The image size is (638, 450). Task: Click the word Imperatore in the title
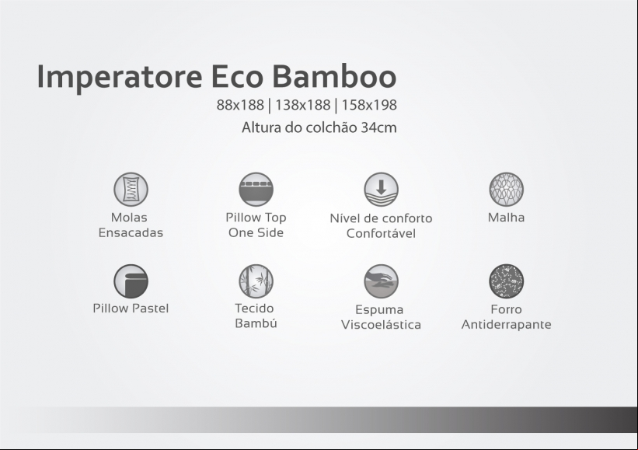point(119,77)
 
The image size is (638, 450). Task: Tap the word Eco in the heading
point(237,76)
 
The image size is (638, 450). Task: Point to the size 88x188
point(240,105)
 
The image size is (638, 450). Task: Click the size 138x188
point(303,105)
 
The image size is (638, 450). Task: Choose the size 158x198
point(369,105)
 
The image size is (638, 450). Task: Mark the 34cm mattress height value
point(378,127)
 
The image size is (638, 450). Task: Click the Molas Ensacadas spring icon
point(131,189)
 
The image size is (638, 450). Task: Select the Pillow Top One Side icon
point(256,189)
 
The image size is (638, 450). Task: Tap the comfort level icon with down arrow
point(382,189)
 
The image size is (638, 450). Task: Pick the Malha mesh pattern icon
point(506,189)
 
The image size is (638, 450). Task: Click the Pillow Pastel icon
point(131,281)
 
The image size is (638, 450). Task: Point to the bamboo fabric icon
point(256,281)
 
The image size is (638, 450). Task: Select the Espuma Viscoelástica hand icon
point(382,281)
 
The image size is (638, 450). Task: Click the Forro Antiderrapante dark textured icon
point(506,281)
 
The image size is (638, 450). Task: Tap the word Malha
point(506,218)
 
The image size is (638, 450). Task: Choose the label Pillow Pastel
point(131,309)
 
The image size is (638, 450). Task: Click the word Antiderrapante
point(506,325)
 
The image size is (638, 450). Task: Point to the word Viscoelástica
point(381,325)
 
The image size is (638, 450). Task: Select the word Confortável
point(381,233)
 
